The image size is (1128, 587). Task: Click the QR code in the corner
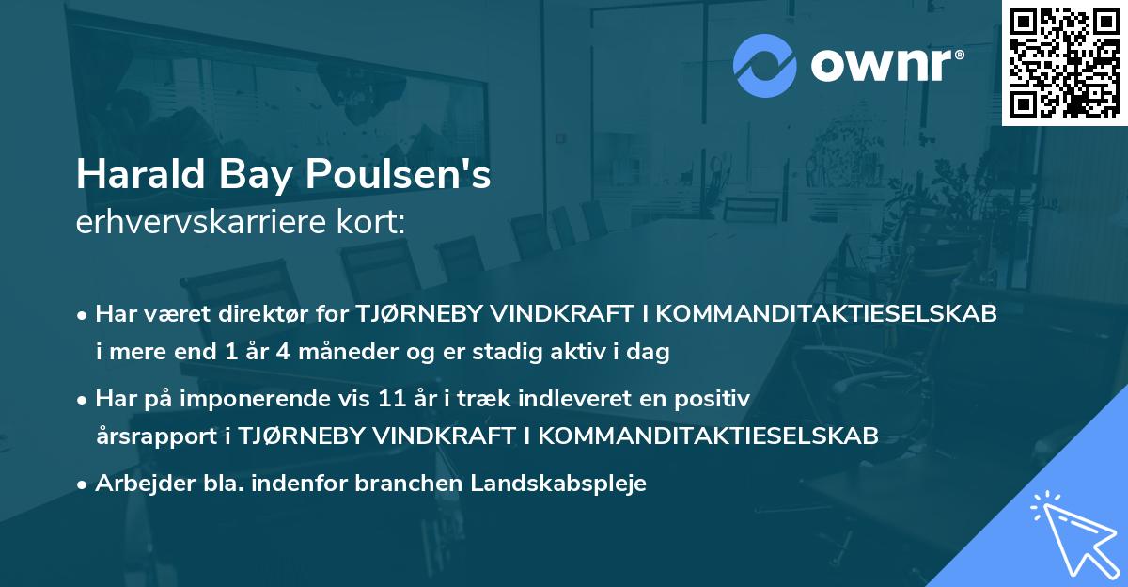(1063, 62)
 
